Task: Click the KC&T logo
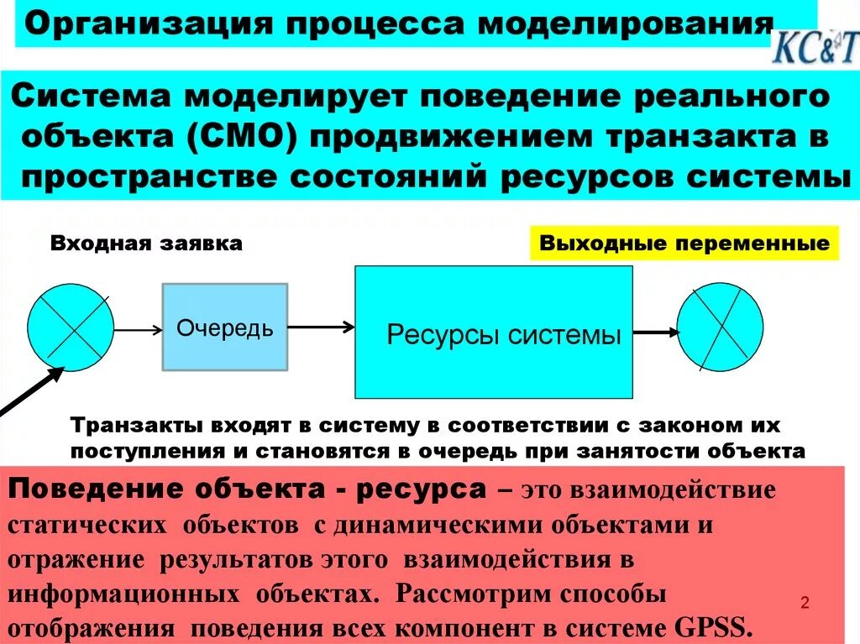(814, 48)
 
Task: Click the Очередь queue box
(224, 327)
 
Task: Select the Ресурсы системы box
(494, 332)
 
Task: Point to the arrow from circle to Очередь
(137, 330)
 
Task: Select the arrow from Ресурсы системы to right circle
(655, 332)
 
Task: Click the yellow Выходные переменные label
(684, 244)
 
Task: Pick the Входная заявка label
(146, 244)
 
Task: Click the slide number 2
(805, 603)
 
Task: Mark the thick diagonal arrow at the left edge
(26, 394)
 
